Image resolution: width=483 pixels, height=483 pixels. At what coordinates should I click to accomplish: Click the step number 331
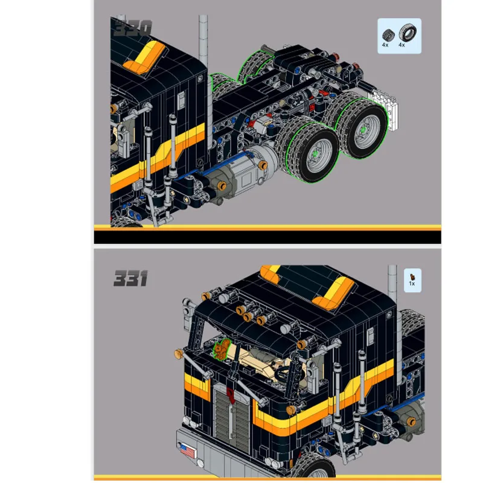[130, 279]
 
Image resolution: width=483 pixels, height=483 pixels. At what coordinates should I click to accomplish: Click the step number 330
[132, 28]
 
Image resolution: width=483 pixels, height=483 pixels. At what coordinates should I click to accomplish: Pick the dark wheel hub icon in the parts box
[388, 34]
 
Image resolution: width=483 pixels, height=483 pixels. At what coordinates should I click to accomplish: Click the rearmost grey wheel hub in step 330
[365, 129]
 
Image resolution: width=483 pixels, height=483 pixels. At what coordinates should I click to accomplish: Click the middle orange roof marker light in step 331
[254, 317]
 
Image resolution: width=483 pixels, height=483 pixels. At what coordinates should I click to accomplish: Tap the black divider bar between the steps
[267, 237]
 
